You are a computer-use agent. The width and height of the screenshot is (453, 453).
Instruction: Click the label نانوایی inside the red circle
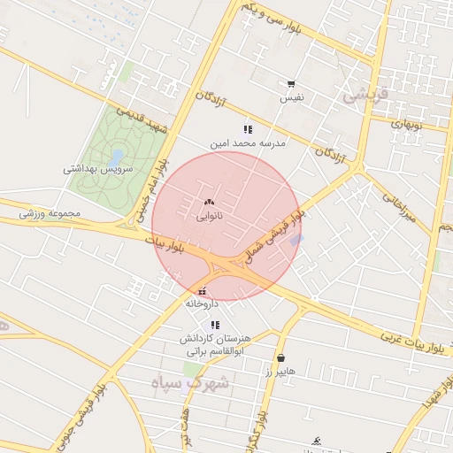[x=209, y=215]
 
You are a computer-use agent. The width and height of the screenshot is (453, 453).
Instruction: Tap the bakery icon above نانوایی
[x=209, y=203]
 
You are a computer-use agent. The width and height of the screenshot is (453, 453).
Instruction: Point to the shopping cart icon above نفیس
[x=291, y=84]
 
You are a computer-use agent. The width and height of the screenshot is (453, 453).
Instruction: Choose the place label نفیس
[x=292, y=97]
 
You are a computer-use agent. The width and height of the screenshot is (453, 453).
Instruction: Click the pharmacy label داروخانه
[x=202, y=303]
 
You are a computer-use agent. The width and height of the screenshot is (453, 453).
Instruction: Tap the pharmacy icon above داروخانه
[x=203, y=291]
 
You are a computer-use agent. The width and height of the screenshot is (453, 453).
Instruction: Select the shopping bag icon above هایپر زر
[x=281, y=358]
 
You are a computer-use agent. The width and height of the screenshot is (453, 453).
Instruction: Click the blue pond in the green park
[x=116, y=156]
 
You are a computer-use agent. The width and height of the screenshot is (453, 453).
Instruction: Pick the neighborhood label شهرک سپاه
[x=189, y=382]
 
